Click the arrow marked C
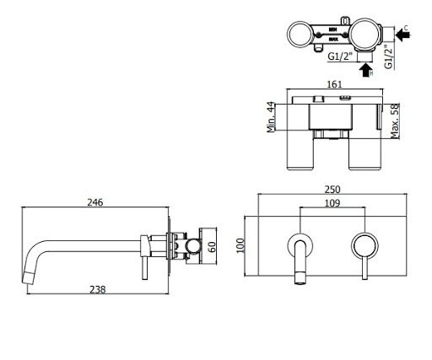pos(397,35)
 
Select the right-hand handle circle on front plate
pos(363,245)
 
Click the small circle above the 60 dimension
pos(195,247)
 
